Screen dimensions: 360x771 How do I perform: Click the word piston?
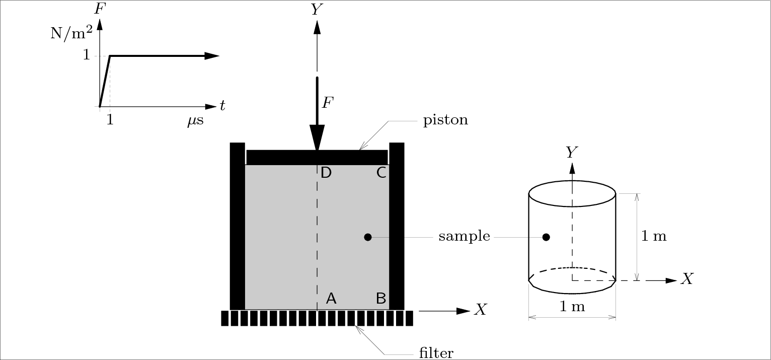445,121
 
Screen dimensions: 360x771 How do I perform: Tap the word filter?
436,352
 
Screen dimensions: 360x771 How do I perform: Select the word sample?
464,236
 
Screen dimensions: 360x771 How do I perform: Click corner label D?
326,173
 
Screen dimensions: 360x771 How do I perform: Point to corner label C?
381,173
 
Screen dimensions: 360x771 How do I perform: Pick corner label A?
331,299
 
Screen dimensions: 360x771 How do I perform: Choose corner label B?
381,299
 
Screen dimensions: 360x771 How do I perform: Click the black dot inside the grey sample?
368,237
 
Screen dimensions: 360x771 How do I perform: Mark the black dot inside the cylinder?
546,237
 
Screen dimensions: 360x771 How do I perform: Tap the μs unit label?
195,121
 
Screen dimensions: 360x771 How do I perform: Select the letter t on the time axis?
222,105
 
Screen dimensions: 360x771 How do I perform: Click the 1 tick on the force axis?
86,55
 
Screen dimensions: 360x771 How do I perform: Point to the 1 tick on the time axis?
110,120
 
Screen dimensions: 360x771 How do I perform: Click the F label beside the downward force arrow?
328,103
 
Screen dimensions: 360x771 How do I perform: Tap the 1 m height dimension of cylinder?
654,236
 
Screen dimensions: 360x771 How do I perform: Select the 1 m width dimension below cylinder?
572,306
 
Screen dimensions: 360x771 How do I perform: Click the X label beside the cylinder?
687,279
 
